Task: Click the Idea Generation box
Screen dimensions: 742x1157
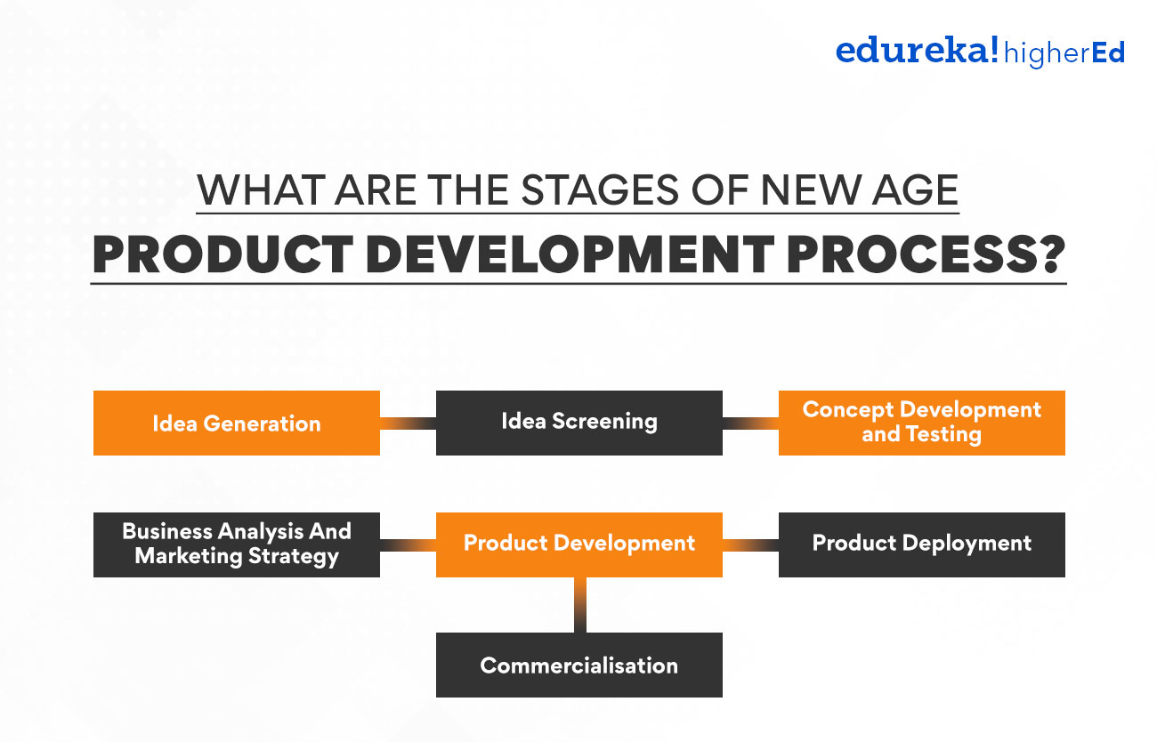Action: [237, 423]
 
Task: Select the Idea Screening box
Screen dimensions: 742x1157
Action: [578, 423]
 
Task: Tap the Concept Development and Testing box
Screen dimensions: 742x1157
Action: [921, 423]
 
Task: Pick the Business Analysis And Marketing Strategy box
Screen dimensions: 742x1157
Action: [237, 544]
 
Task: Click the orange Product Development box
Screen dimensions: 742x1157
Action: [578, 544]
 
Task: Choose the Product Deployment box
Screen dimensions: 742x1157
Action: [921, 544]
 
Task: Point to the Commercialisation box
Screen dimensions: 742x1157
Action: [578, 665]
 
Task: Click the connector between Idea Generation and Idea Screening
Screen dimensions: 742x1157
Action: [408, 423]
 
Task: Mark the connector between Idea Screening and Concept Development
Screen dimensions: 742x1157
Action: [750, 423]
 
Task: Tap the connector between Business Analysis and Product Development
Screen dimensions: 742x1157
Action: [408, 544]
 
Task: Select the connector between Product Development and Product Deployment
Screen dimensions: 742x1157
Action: [750, 544]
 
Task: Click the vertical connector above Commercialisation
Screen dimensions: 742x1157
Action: [579, 605]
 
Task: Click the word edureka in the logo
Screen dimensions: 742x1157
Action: [917, 52]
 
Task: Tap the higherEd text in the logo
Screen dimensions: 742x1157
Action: [1064, 53]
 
